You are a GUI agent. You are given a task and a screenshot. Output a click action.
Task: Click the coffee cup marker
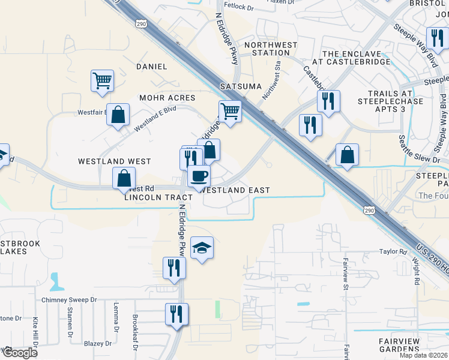(199, 176)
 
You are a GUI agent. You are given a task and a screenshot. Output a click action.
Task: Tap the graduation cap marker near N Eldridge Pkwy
(202, 247)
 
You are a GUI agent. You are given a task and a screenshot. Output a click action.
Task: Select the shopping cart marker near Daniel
(103, 80)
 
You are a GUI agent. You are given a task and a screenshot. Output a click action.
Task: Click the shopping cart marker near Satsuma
(230, 111)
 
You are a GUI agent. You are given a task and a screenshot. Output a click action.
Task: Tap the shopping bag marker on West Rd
(124, 178)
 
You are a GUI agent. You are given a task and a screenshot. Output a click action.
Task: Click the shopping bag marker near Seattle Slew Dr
(348, 155)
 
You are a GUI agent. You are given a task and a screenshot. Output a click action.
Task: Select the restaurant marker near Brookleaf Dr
(176, 314)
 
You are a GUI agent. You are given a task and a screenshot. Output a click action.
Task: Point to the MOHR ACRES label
(167, 98)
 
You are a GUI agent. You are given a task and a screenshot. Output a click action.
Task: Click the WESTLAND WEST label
(114, 161)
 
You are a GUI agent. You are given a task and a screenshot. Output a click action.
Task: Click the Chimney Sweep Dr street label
(70, 299)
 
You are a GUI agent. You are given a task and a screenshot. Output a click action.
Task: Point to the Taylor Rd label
(393, 252)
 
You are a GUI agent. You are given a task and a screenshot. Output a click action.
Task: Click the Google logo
(20, 353)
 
